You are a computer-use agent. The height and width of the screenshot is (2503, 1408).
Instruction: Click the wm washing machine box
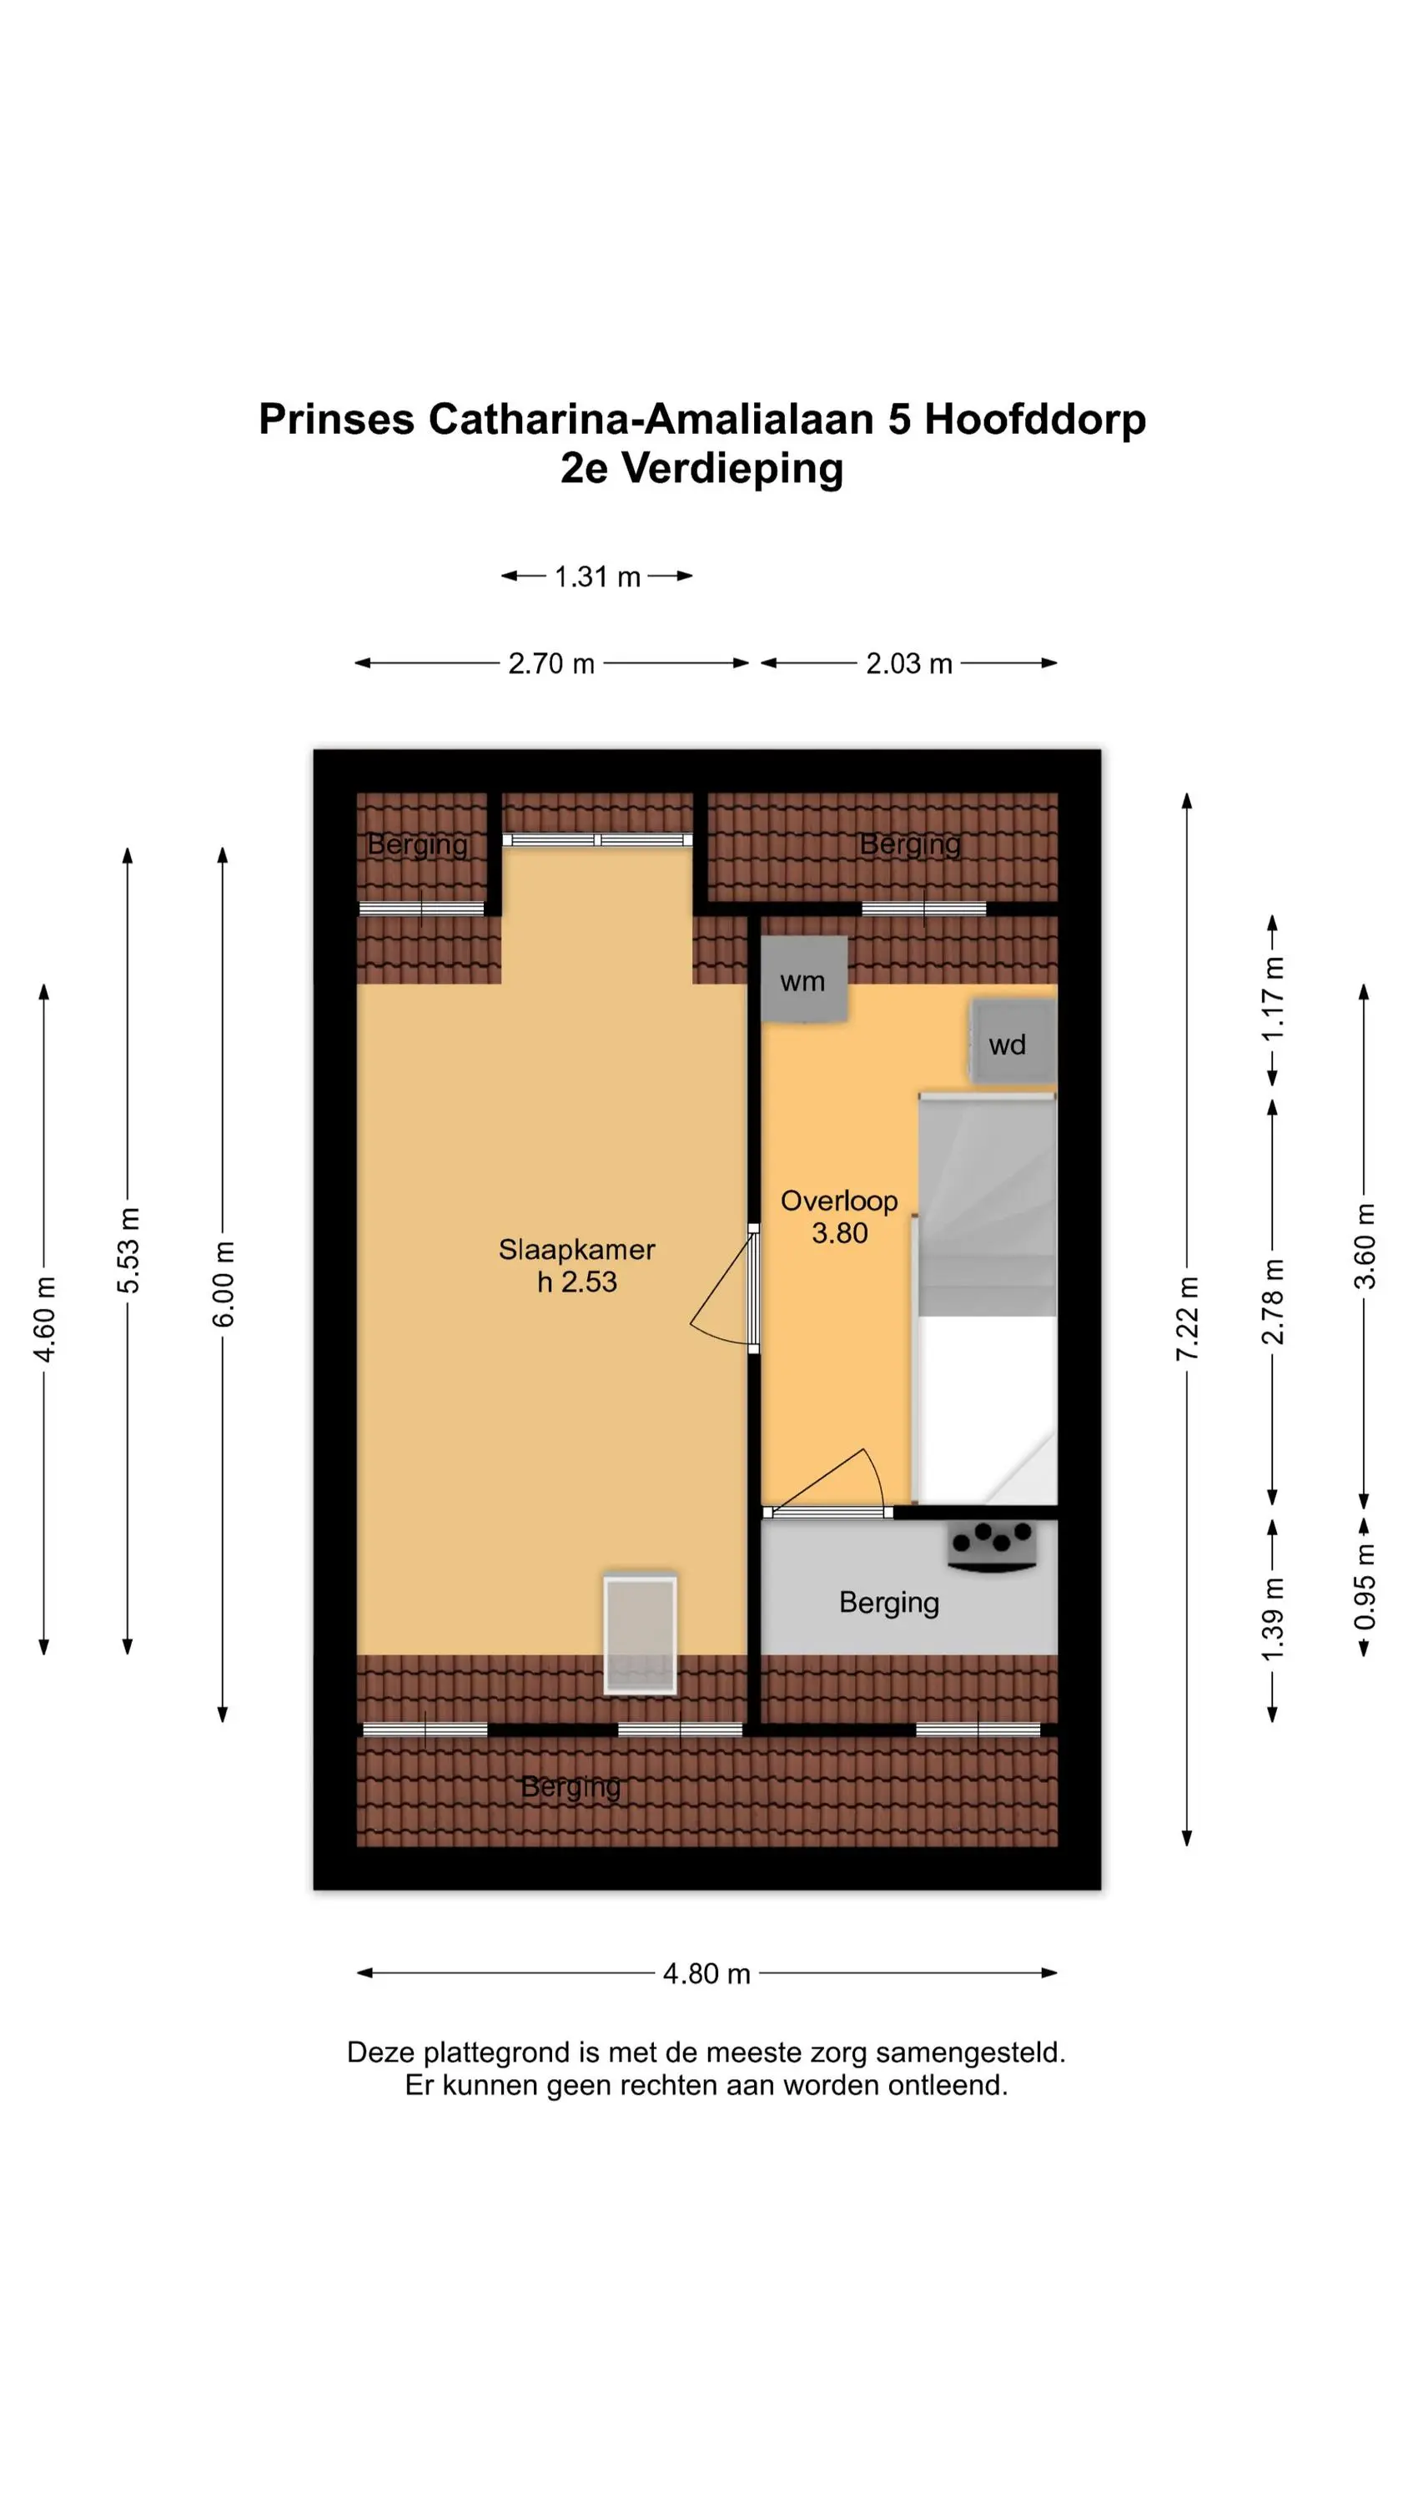(803, 979)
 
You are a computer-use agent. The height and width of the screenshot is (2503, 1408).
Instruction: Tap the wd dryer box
(1013, 1041)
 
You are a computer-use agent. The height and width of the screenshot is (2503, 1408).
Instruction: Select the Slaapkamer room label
(576, 1250)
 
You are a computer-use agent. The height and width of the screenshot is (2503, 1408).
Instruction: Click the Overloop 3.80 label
(840, 1216)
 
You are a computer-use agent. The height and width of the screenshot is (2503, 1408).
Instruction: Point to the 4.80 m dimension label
(707, 1973)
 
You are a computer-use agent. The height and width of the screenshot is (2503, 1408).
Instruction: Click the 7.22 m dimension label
(1186, 1318)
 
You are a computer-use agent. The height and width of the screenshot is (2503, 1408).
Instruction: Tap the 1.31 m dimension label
(596, 577)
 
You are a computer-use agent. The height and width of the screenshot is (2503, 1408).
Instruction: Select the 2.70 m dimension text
(551, 663)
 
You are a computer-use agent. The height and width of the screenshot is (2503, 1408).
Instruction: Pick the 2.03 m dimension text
(908, 663)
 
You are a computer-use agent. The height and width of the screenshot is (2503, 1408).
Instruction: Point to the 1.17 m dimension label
(1273, 999)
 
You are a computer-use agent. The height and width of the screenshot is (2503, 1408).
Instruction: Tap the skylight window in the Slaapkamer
(640, 1634)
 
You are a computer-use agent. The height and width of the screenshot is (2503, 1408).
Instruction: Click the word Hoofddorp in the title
(1035, 420)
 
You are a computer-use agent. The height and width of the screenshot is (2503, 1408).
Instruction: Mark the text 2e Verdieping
(701, 468)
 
